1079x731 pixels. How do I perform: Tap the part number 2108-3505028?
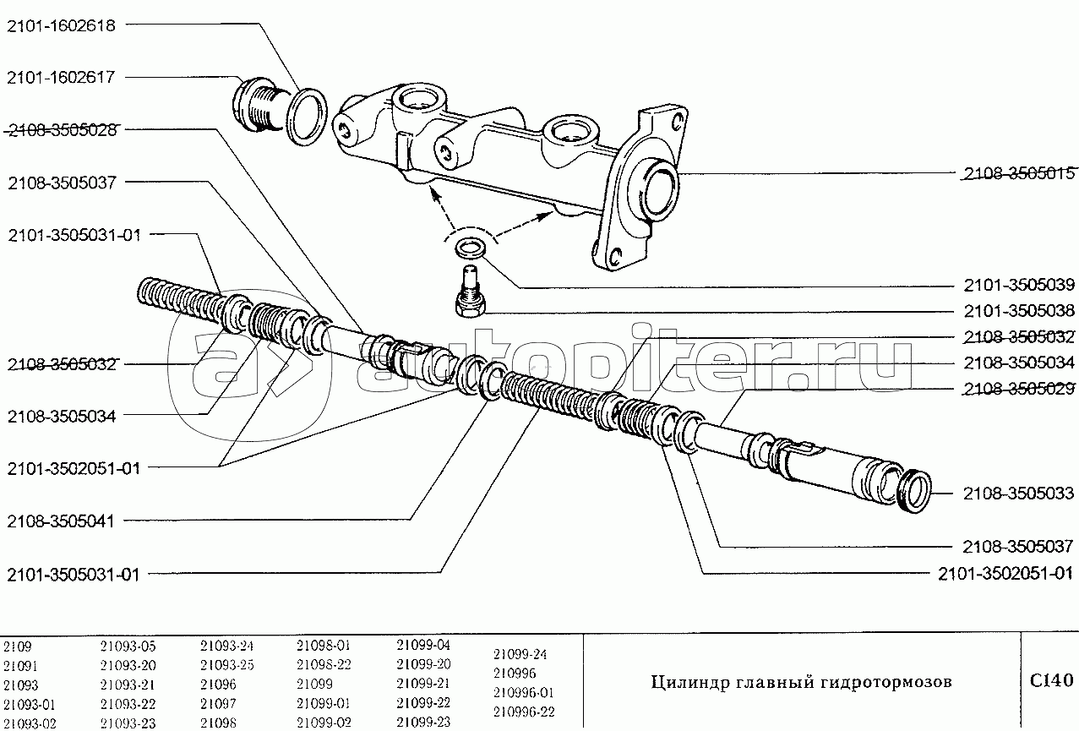click(66, 130)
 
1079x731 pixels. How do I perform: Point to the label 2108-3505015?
click(1018, 174)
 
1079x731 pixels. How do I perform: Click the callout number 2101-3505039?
click(1018, 285)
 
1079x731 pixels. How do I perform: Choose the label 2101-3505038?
click(1018, 310)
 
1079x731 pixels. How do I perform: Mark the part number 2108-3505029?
click(1018, 389)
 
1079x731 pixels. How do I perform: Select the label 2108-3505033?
click(1018, 494)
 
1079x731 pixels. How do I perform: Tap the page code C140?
click(1050, 680)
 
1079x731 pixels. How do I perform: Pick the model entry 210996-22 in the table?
click(524, 711)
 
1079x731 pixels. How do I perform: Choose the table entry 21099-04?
click(423, 646)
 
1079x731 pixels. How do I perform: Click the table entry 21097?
click(218, 703)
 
